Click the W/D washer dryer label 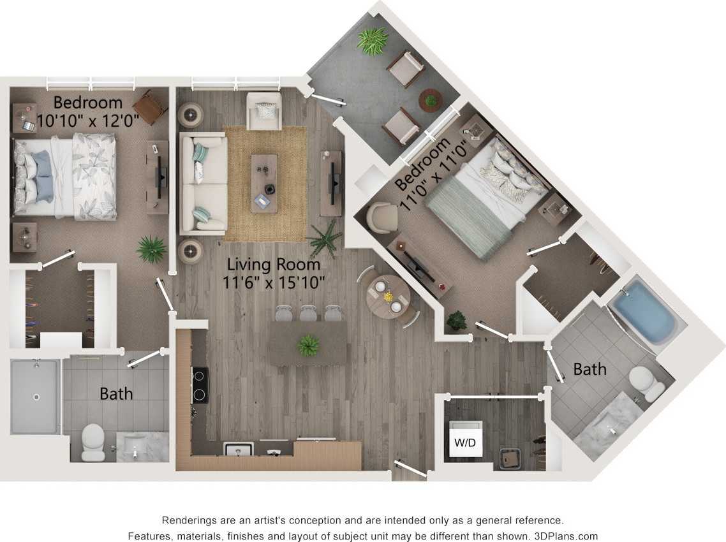point(465,442)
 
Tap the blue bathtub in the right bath point(645,314)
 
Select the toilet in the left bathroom point(94,440)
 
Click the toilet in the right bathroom point(646,383)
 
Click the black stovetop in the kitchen point(200,385)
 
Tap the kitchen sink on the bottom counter point(239,449)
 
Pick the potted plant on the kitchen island point(309,345)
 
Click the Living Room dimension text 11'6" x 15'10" point(274,281)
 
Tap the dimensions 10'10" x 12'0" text point(88,120)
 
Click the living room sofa point(203,183)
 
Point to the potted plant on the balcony point(373,41)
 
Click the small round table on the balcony point(431,99)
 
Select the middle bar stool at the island point(308,313)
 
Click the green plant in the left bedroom point(152,249)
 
